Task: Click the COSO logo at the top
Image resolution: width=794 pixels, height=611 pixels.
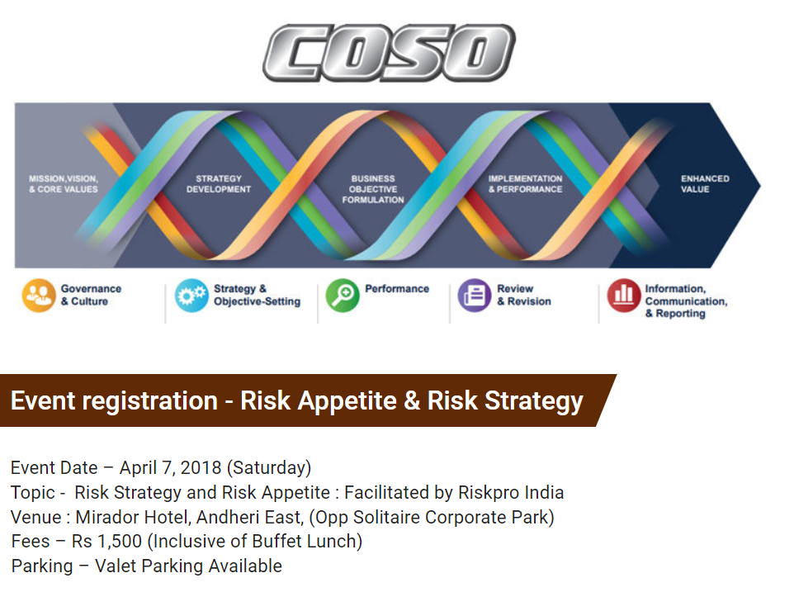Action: click(x=389, y=53)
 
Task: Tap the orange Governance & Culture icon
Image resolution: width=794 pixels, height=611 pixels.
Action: click(x=39, y=296)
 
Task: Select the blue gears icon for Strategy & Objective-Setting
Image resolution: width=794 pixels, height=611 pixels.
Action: click(x=191, y=296)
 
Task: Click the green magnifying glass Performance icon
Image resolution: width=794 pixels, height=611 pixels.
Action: click(x=343, y=296)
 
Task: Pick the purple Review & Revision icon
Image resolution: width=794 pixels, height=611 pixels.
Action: click(x=475, y=296)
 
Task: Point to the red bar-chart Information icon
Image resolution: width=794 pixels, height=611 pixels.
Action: click(x=624, y=296)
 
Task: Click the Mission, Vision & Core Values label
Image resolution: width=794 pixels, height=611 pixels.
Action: click(x=64, y=184)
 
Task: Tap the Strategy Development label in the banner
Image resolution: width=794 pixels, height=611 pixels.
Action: click(x=219, y=184)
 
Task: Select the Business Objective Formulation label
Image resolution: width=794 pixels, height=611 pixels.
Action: click(x=373, y=189)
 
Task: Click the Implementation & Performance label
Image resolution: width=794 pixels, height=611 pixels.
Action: click(x=525, y=184)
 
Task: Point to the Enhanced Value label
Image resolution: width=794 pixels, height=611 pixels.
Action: click(x=705, y=184)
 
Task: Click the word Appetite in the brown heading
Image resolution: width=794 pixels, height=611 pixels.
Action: click(x=347, y=401)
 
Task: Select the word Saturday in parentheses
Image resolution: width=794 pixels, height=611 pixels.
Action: click(x=269, y=468)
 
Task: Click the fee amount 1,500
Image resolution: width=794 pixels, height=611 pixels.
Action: click(x=120, y=542)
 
